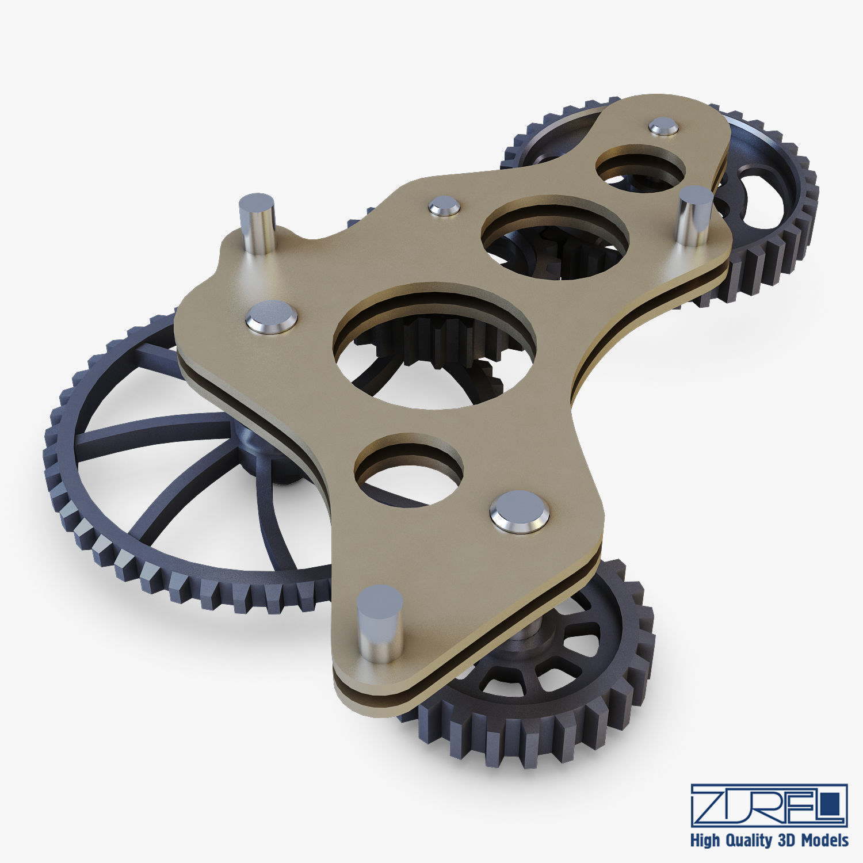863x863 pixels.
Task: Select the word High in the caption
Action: coord(705,841)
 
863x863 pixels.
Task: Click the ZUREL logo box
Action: coord(769,804)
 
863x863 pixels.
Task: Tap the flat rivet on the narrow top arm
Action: coord(663,127)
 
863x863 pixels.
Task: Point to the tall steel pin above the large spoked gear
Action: coord(257,222)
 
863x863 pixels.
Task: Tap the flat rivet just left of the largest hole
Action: coord(272,318)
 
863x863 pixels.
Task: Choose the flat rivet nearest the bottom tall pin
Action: coord(520,511)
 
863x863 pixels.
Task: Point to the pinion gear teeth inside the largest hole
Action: coord(437,339)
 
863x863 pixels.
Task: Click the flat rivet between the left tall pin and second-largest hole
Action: coord(445,205)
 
